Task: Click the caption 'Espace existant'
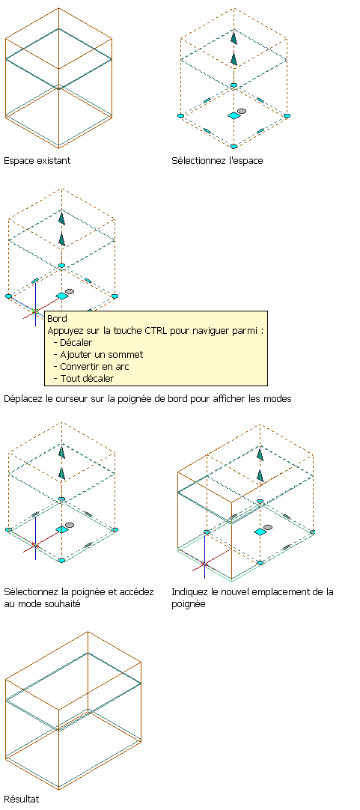(x=37, y=161)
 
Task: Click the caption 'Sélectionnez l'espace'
(x=218, y=161)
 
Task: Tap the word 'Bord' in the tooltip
(x=57, y=319)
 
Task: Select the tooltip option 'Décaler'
(x=76, y=342)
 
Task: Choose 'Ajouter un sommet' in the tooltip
(x=101, y=354)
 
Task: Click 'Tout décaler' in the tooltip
(x=87, y=378)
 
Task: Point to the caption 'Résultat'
(x=21, y=800)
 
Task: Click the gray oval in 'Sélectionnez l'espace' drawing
(x=242, y=111)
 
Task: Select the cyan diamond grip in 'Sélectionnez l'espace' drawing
(x=234, y=116)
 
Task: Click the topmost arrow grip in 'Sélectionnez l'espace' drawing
(x=234, y=38)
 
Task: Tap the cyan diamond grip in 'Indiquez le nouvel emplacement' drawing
(x=261, y=532)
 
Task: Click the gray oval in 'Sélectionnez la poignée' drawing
(x=69, y=526)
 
